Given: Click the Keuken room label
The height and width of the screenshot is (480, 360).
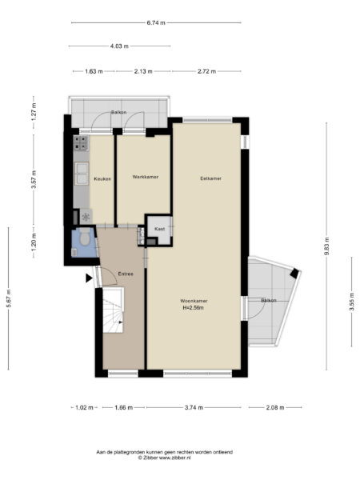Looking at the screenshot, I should [x=102, y=178].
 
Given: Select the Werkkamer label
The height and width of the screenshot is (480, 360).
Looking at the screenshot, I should [x=144, y=176].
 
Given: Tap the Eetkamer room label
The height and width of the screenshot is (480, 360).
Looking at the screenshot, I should [x=210, y=178].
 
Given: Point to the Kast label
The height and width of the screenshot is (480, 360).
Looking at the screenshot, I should [x=160, y=229].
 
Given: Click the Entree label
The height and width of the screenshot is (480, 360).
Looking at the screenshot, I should [x=126, y=274].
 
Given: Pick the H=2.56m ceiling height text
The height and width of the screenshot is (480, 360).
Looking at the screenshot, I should [x=194, y=307].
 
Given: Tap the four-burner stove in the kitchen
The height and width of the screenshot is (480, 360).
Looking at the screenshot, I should [x=81, y=144].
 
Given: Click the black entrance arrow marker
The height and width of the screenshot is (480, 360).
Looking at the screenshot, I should [x=89, y=278].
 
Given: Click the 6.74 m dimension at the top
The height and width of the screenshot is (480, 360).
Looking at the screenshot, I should [x=156, y=22].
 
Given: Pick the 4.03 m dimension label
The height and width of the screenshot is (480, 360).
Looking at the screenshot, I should [x=118, y=46].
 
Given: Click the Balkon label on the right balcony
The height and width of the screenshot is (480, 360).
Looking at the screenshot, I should [x=268, y=300].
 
